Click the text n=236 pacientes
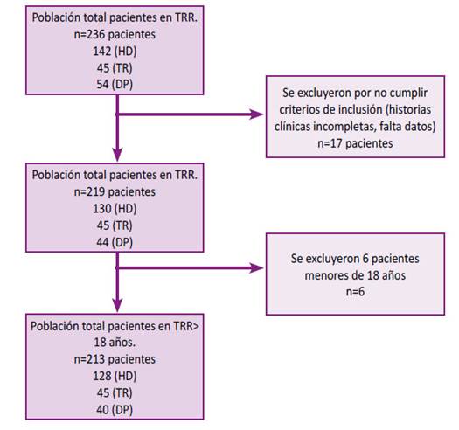point(115,35)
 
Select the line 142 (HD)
point(115,52)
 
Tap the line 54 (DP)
point(115,85)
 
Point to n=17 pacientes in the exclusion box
point(355,143)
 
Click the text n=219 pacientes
point(115,192)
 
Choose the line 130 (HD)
point(115,209)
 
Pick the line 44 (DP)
point(115,242)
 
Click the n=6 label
point(355,292)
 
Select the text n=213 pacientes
point(115,359)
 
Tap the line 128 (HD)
point(115,376)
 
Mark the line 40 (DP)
point(115,410)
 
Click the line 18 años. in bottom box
point(115,343)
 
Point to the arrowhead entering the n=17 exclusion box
point(256,114)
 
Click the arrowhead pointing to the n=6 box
point(256,267)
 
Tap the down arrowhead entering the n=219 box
point(117,155)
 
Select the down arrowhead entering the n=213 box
point(117,305)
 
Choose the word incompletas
point(344,128)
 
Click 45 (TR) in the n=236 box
point(115,68)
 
